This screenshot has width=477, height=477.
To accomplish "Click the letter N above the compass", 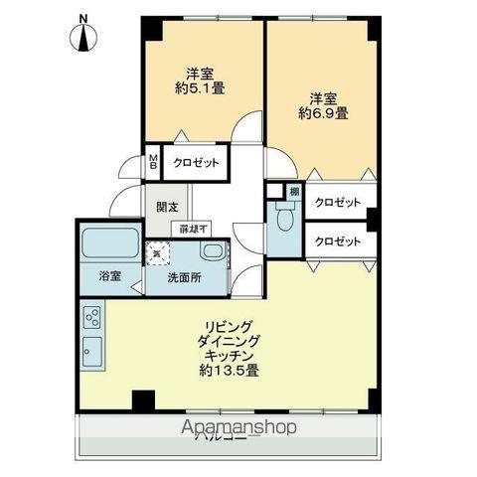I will pos(84,17).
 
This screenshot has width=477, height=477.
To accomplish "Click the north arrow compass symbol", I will pos(84,39).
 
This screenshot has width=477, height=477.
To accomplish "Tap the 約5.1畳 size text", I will pos(199,87).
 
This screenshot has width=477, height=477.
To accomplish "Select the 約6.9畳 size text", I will pos(323,113).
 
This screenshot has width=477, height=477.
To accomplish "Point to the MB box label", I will pos(153,162).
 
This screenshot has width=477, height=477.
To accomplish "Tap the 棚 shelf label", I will pos(294,191).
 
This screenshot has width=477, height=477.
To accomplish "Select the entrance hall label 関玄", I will pos(167,207).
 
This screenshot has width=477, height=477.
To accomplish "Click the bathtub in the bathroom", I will pos(109,243).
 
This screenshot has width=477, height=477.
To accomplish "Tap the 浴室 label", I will pos(109,277).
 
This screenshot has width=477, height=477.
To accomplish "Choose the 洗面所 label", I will pos(185,278).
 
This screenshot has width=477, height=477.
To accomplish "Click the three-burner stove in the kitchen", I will pos(91,319).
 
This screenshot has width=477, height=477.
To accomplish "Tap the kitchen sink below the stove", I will pos(91,351).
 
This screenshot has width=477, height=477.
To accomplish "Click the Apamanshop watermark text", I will pos(238,427).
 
